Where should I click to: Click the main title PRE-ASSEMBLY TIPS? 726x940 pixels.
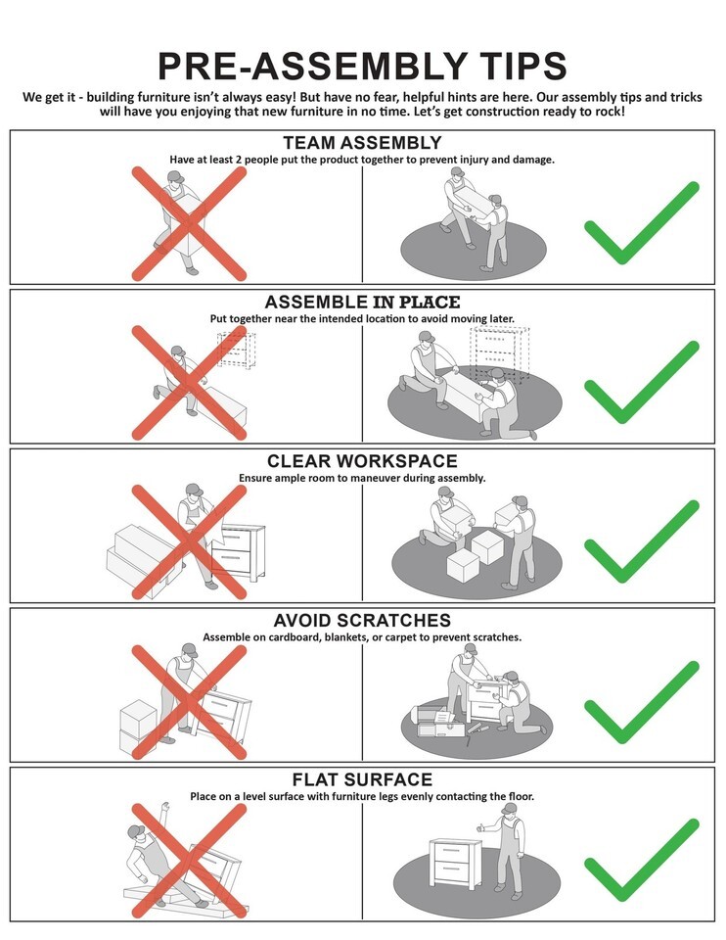point(362,66)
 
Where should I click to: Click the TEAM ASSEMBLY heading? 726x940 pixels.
point(362,143)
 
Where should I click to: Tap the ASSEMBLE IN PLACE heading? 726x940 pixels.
point(362,302)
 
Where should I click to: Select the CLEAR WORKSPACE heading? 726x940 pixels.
point(362,461)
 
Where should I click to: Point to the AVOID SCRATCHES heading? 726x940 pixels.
point(362,620)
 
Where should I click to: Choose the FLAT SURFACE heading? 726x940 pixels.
point(362,779)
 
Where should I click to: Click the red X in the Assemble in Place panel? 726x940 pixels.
point(189,383)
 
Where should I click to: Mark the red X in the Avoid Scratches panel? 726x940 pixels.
point(189,702)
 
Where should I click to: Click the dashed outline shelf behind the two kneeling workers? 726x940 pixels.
point(500,353)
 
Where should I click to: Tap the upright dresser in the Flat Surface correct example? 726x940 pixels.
point(455,865)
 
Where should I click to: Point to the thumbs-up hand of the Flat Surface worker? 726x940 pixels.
point(481,828)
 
